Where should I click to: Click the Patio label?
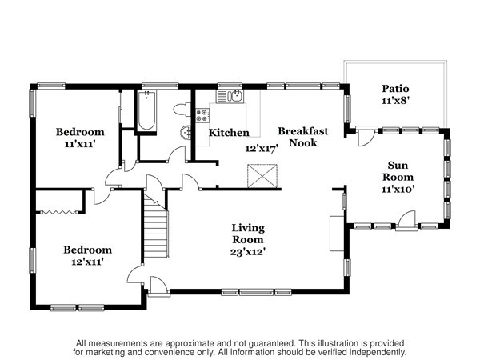coord(395,89)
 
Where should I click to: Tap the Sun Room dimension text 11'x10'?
coord(398,189)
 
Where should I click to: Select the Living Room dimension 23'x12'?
coord(248,252)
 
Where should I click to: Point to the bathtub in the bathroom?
coord(146,110)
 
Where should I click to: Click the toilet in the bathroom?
coord(182,110)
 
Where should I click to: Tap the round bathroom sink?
coord(186,133)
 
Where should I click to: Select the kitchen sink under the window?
coord(230,97)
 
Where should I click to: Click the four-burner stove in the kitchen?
coord(202,116)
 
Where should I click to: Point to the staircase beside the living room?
coord(156,226)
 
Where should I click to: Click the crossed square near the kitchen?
coord(262,176)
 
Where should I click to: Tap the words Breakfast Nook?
coord(303,137)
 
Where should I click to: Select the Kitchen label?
coord(229,133)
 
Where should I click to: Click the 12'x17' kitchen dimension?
coord(262,149)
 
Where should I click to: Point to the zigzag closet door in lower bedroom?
coord(59,212)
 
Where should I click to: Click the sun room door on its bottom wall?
coord(406,220)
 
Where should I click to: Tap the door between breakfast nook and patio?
coord(366,136)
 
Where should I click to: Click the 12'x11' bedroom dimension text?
coord(87,262)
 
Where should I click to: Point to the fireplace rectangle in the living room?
coord(337,234)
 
